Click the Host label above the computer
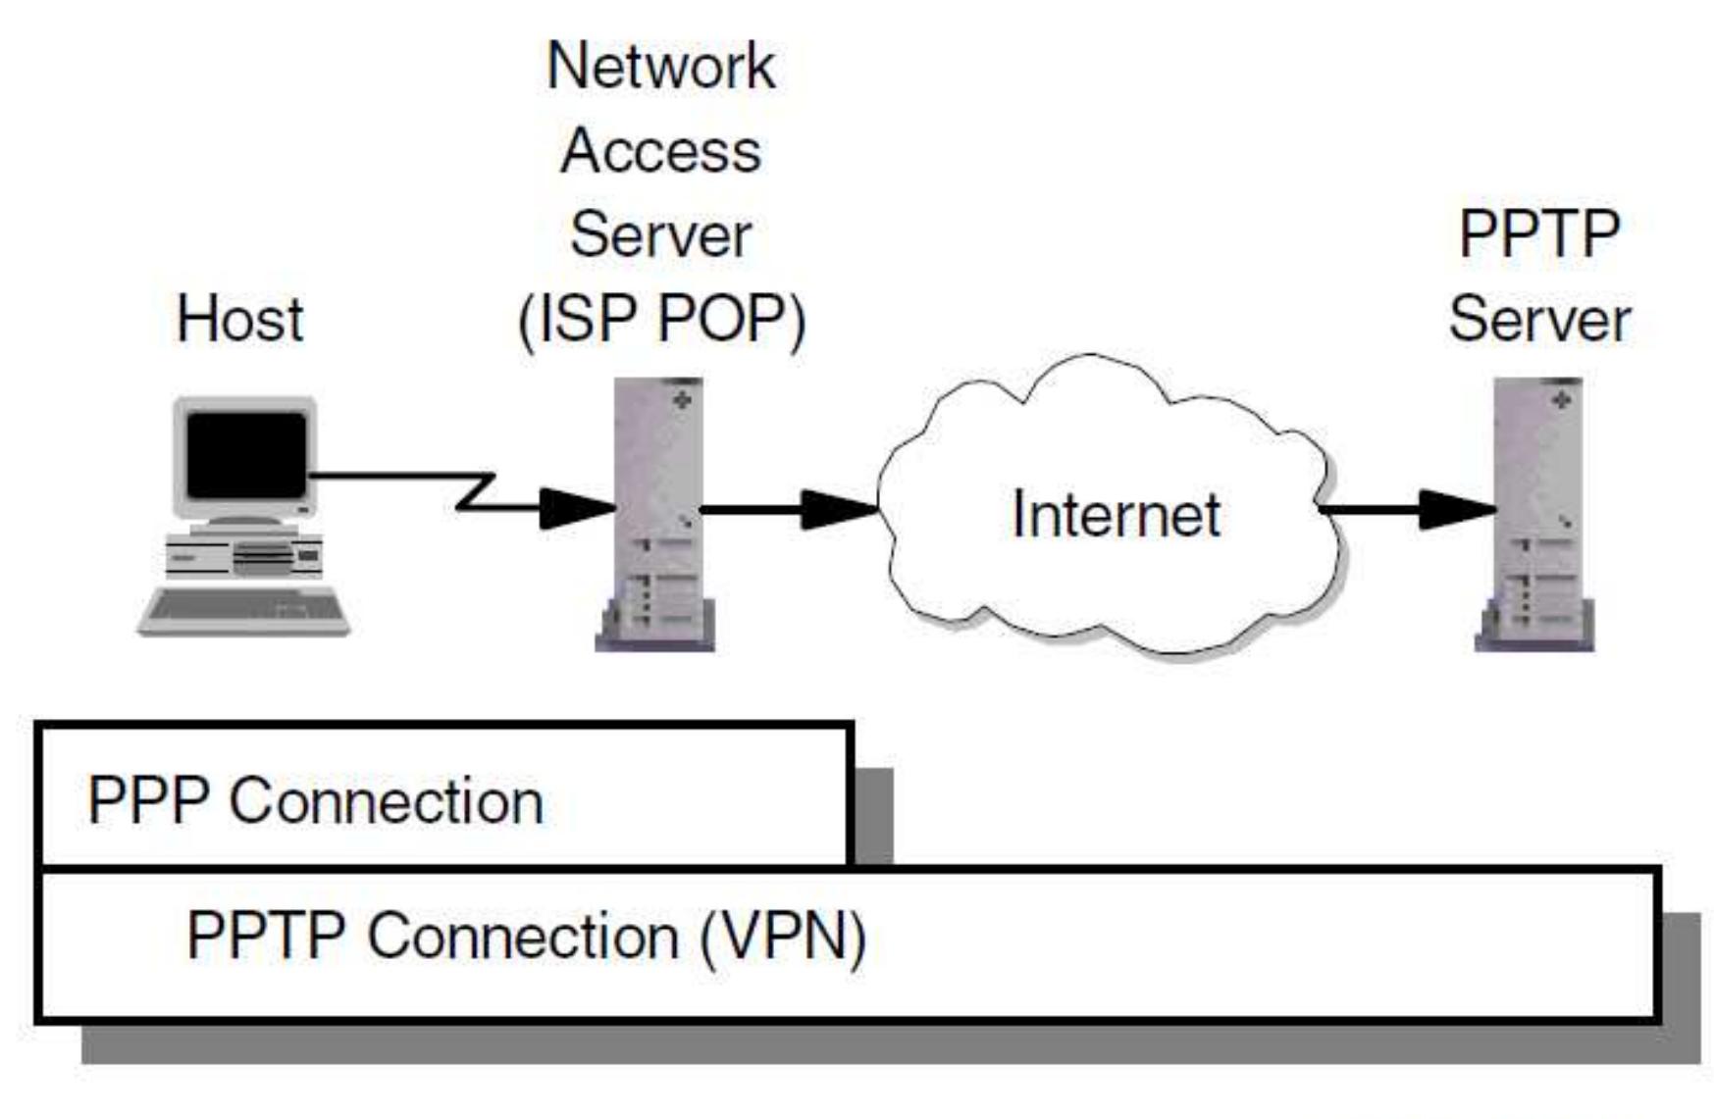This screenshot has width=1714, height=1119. (x=239, y=320)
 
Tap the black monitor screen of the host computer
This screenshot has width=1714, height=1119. (x=246, y=454)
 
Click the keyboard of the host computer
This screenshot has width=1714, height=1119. (x=244, y=609)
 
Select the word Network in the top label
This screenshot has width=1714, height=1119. (x=660, y=67)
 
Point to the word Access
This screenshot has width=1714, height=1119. (x=660, y=152)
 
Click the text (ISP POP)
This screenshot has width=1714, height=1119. (x=660, y=321)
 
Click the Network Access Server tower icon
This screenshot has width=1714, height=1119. (x=656, y=514)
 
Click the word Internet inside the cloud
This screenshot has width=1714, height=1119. (x=1116, y=514)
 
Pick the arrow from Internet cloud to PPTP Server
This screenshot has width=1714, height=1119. (x=1407, y=509)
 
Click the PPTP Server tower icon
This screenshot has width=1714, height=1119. (x=1535, y=514)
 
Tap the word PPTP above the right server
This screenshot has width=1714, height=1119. (x=1537, y=234)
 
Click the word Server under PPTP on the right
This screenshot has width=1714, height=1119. (x=1538, y=321)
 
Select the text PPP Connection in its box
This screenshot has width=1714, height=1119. (x=315, y=801)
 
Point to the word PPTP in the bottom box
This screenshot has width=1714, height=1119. (x=265, y=937)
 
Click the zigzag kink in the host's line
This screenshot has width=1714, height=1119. (x=477, y=490)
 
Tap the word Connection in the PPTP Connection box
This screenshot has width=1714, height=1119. (x=522, y=937)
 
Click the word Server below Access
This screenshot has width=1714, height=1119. (x=660, y=235)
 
